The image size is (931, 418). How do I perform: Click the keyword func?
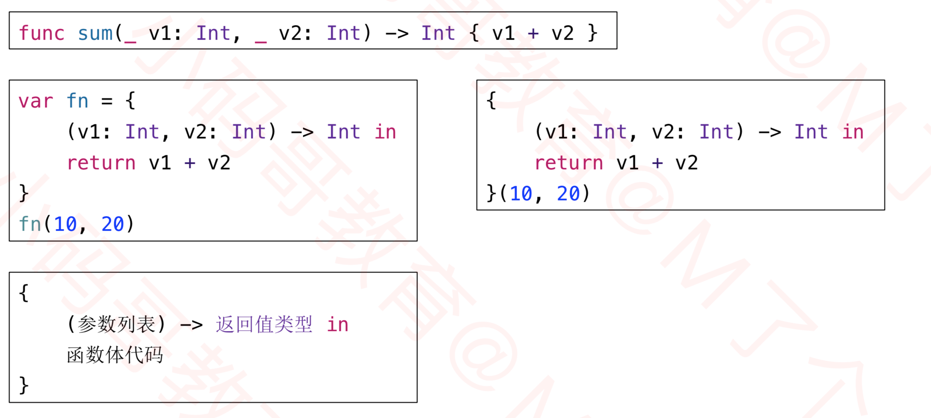(x=41, y=33)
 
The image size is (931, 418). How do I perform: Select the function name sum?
(x=95, y=33)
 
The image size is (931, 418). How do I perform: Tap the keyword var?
(x=36, y=101)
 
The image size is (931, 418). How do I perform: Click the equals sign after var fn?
(x=107, y=101)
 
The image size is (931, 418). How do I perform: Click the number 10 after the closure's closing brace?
(x=521, y=194)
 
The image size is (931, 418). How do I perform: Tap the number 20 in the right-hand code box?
(x=568, y=194)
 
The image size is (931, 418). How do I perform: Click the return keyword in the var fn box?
(x=101, y=163)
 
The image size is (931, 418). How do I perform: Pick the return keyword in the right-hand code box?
(x=569, y=163)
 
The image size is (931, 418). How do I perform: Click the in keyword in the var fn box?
(x=385, y=132)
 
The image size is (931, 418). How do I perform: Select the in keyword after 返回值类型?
(x=338, y=324)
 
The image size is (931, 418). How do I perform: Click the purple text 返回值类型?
(x=264, y=324)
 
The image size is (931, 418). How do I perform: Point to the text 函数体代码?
(x=115, y=355)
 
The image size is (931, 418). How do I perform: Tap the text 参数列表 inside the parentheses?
(x=116, y=324)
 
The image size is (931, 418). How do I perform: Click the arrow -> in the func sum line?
(x=396, y=33)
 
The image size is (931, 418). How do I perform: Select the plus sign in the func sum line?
(x=533, y=33)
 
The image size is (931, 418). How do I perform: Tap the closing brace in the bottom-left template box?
(x=24, y=385)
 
